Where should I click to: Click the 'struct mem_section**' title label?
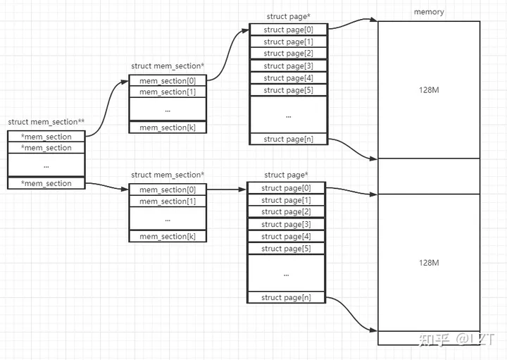coord(46,122)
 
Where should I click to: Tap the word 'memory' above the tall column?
coord(429,12)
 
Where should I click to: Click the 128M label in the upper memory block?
coord(429,90)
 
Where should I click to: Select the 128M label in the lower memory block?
coord(429,263)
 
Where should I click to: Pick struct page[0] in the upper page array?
coord(288,30)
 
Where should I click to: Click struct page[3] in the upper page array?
coord(288,66)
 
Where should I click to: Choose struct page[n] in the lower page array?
coord(285,297)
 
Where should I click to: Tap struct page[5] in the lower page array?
coord(285,249)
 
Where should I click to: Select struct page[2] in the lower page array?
coord(285,212)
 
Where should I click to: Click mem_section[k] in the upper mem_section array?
coord(168,128)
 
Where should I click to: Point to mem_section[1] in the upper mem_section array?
coord(168,92)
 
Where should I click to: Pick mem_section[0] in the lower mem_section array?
coord(168,190)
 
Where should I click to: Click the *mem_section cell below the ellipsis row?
coord(46,183)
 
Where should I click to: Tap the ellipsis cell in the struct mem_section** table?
coord(46,166)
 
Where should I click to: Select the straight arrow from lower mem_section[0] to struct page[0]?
coord(226,189)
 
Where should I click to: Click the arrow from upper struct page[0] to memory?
coord(352,25)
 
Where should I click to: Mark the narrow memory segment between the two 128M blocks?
coord(429,176)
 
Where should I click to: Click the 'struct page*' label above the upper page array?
coord(287,16)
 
